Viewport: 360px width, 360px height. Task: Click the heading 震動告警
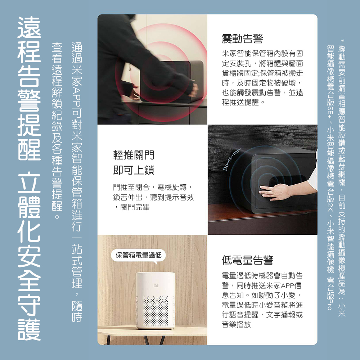[x=242, y=39]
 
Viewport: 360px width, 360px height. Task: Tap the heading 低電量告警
[x=248, y=260]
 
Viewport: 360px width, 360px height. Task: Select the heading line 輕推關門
[x=134, y=155]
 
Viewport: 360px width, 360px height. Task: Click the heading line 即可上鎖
[x=134, y=170]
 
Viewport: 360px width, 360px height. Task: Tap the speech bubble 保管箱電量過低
[x=139, y=255]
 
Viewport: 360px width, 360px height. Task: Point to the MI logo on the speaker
[x=156, y=286]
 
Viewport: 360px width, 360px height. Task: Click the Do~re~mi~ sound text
[x=231, y=159]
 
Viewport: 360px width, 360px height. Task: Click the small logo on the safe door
[x=261, y=165]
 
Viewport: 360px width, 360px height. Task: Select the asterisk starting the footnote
[x=342, y=41]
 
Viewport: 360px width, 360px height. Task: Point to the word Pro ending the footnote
[x=330, y=305]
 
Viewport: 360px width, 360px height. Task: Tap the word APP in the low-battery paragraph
[x=287, y=285]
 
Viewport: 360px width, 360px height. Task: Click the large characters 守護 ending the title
[x=29, y=317]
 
